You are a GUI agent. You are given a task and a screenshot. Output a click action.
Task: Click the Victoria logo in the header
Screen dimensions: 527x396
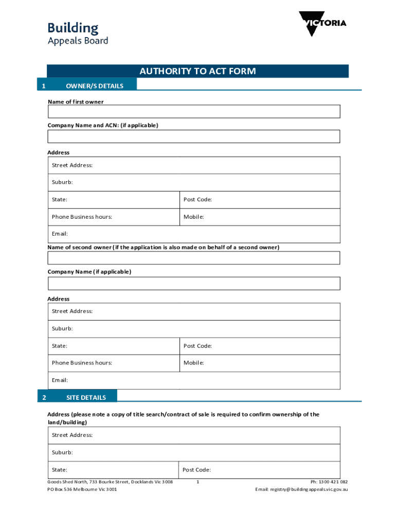(x=322, y=24)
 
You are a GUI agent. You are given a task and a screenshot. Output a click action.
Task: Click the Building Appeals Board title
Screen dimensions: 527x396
(x=78, y=33)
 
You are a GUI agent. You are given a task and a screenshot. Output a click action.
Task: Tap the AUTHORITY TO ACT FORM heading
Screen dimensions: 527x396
(x=197, y=71)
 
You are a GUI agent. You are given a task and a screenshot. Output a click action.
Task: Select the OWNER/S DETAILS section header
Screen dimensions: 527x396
(x=95, y=86)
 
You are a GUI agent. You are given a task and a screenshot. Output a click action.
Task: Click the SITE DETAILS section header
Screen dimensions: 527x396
(x=86, y=397)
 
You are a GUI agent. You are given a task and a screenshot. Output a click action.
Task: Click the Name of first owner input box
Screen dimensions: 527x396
(x=194, y=112)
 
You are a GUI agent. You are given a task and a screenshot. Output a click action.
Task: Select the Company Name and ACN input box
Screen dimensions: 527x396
(x=194, y=136)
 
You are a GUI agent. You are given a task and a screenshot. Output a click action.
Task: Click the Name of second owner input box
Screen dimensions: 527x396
(x=194, y=258)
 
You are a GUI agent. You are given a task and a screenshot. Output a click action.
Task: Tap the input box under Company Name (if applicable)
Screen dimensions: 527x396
(x=194, y=284)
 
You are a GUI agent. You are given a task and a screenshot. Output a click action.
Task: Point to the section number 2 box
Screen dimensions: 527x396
(x=44, y=397)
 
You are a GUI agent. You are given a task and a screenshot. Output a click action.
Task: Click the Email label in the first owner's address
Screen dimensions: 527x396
(x=60, y=234)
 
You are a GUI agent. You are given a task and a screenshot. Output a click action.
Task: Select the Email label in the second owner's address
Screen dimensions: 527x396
(x=60, y=380)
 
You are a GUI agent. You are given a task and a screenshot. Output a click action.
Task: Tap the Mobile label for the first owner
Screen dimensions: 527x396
(x=194, y=217)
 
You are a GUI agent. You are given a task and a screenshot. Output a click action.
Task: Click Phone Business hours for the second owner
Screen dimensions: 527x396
(x=82, y=363)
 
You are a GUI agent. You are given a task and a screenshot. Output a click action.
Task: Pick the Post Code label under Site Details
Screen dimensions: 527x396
(x=196, y=469)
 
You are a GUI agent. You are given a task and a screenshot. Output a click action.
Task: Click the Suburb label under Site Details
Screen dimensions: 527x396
(x=62, y=452)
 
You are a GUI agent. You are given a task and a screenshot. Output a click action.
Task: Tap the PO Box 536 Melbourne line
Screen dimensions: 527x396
(x=82, y=489)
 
